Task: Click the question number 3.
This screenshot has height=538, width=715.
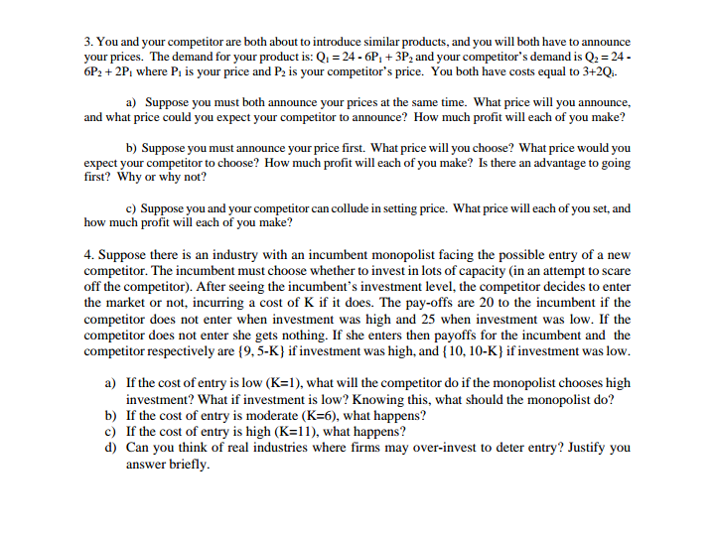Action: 87,43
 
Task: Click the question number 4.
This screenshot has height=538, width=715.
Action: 88,255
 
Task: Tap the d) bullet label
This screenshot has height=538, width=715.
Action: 111,448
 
